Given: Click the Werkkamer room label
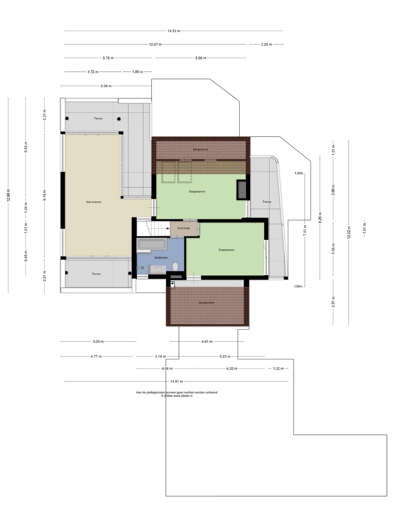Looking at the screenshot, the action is coord(94,202).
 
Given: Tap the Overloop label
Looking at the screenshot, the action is coord(183,228).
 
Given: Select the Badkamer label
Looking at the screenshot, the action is coord(161,258).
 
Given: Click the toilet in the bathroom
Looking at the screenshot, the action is coord(175,266).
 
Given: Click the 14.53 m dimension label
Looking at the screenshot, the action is coord(174,31).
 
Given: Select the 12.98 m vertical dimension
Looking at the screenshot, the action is coord(8,195).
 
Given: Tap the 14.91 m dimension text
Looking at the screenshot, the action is coord(176,381).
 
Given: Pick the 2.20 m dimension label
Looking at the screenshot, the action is coord(266,44).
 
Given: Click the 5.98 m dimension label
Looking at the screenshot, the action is coord(201,58).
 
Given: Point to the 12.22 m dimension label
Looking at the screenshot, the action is coord(349,232).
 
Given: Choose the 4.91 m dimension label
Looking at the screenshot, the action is coord(207,342).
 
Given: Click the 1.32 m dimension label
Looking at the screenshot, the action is coord(278,368).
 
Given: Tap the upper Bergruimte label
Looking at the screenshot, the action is coord(201,150).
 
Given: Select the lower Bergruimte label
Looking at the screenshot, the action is coord(207,303).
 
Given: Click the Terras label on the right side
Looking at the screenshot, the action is coord(267,202).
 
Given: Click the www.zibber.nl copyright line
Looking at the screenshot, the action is coord(177,396).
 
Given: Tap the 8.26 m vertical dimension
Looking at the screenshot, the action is coord(320,218).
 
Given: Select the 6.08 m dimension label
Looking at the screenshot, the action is coord(106,86).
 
